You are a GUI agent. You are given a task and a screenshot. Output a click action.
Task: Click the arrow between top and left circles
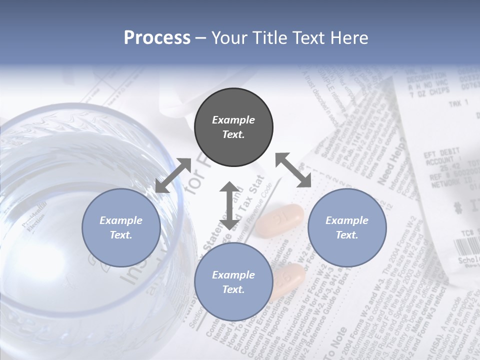tap(173, 175)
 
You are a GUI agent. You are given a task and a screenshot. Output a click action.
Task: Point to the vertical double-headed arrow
tap(229, 205)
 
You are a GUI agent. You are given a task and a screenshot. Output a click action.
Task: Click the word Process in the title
tap(157, 38)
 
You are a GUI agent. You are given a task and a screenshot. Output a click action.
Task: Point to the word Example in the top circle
tap(233, 120)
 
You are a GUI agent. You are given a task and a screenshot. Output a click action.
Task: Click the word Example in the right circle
tap(347, 220)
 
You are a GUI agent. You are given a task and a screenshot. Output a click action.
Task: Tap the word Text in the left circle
tap(120, 235)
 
